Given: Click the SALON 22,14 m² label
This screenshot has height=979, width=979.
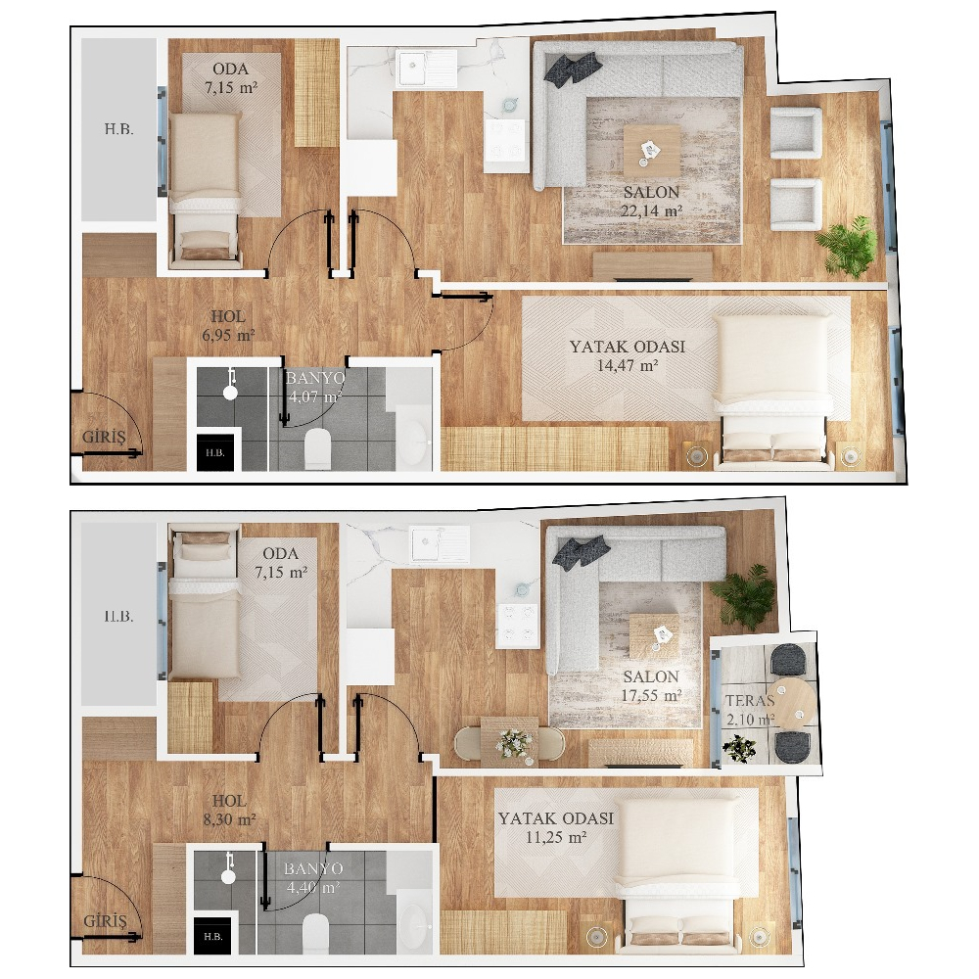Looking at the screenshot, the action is coord(651,201).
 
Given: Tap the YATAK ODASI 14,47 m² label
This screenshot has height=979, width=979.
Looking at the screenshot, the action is coord(627,355).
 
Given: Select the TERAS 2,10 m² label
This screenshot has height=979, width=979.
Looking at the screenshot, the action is coord(750,710).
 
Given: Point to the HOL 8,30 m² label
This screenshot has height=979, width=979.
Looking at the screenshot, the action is coord(229,810).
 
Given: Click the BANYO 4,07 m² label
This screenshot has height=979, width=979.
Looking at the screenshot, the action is coord(314,387).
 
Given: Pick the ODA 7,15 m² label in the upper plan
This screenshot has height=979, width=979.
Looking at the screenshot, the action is coord(230,78).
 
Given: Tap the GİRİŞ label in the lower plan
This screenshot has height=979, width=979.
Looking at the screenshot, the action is coord(105,921).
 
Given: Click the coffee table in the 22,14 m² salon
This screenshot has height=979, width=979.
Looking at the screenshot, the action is coord(651,151).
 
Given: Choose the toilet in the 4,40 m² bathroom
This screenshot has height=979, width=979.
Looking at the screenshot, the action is coord(315,933).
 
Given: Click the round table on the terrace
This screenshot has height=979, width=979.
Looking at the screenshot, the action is coord(792,701).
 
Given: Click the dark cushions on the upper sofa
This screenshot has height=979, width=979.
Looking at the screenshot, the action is coord(573,67).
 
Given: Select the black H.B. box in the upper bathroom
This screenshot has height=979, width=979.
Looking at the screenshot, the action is coord(215,452).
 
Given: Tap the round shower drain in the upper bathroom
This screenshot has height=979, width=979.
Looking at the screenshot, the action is coord(230,393).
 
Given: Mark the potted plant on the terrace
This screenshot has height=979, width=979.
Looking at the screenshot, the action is coord(739,748).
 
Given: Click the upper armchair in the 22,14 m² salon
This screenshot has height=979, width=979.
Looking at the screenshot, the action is coord(795,132).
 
